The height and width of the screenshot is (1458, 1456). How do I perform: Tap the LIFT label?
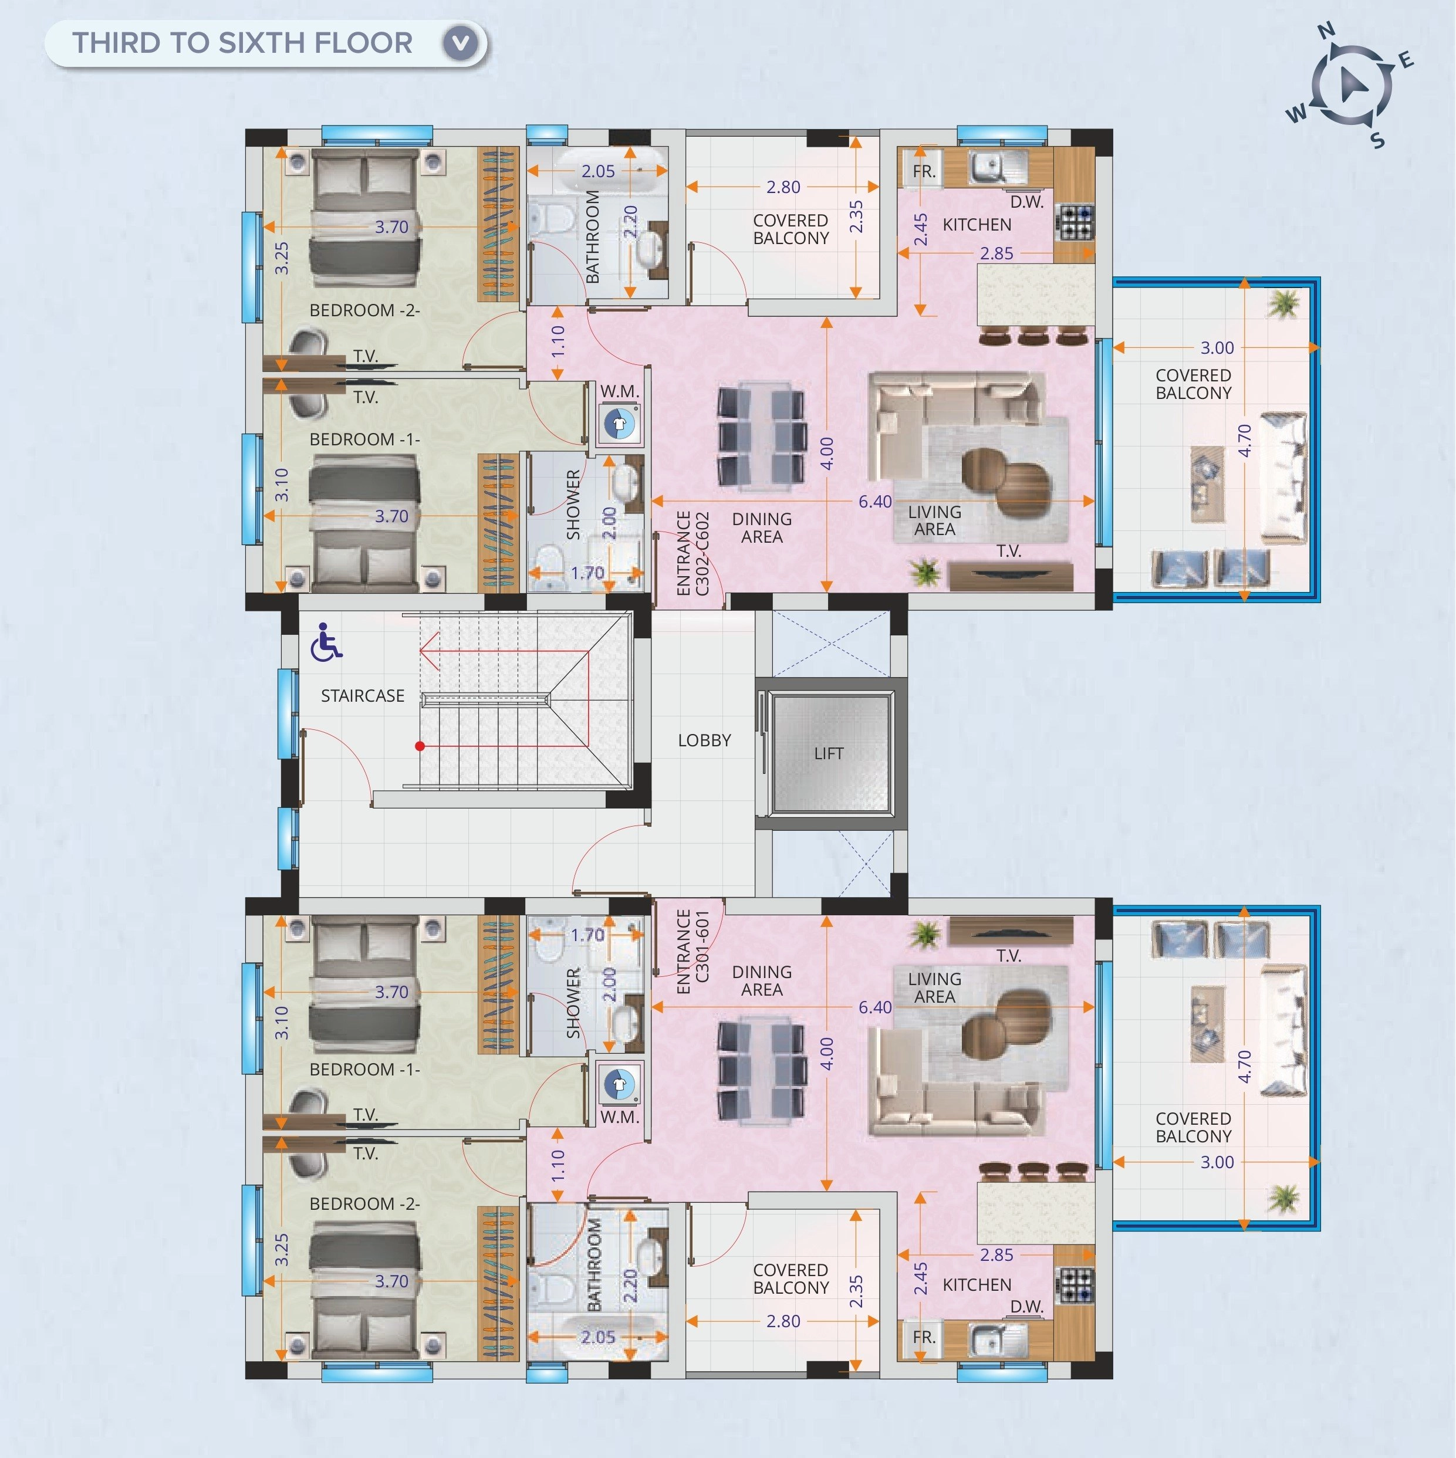pyautogui.click(x=828, y=753)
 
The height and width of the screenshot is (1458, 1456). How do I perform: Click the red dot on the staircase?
pyautogui.click(x=420, y=746)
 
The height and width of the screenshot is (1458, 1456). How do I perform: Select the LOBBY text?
pyautogui.click(x=704, y=740)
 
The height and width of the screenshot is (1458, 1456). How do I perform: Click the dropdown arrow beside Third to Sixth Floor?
pyautogui.click(x=461, y=43)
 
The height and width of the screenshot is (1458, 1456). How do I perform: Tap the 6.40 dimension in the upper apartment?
pyautogui.click(x=875, y=502)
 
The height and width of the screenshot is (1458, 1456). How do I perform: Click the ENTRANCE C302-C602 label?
pyautogui.click(x=693, y=553)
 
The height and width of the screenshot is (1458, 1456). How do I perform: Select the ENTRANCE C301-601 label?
pyautogui.click(x=693, y=952)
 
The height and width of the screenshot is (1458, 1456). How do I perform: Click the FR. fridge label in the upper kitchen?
pyautogui.click(x=924, y=171)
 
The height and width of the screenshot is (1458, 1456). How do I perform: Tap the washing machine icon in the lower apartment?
pyautogui.click(x=619, y=1084)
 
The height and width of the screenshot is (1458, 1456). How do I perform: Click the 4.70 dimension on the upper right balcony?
pyautogui.click(x=1245, y=440)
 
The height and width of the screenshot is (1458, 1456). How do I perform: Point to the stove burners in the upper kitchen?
pyautogui.click(x=1075, y=222)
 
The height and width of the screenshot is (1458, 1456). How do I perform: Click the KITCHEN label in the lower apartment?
pyautogui.click(x=977, y=1284)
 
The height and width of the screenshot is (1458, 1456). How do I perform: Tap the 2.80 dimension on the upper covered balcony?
pyautogui.click(x=783, y=187)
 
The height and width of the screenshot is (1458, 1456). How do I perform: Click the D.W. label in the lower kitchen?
pyautogui.click(x=1026, y=1305)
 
